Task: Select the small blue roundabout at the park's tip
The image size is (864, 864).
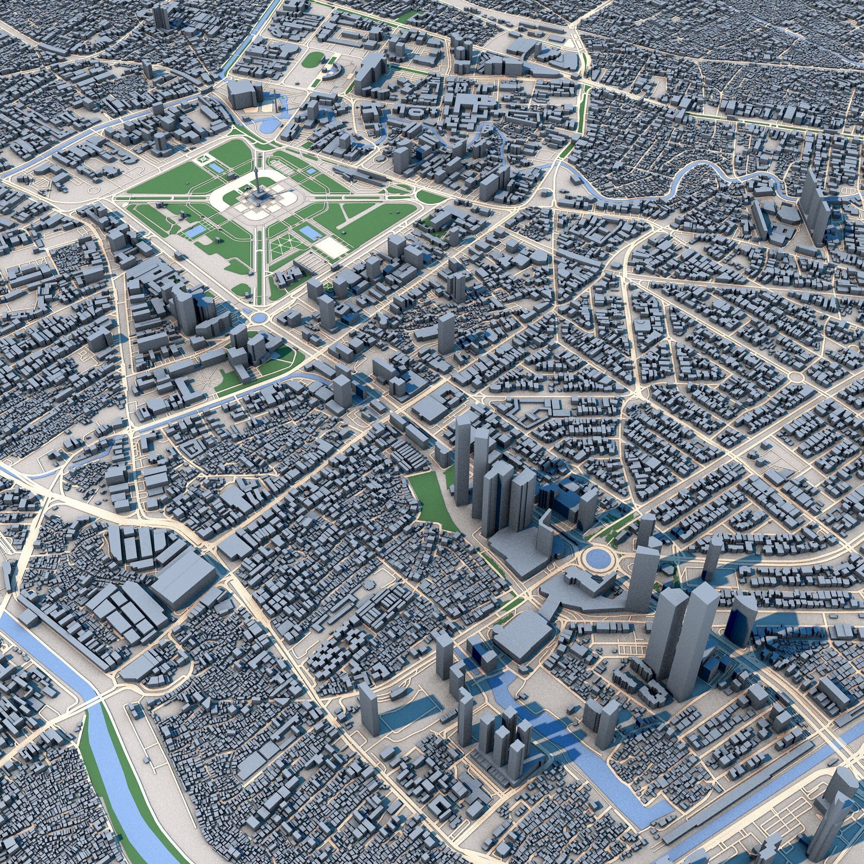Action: coord(257,318)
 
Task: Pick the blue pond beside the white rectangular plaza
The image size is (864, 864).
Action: coord(307,232)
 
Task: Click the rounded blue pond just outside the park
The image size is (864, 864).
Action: coord(268,126)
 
